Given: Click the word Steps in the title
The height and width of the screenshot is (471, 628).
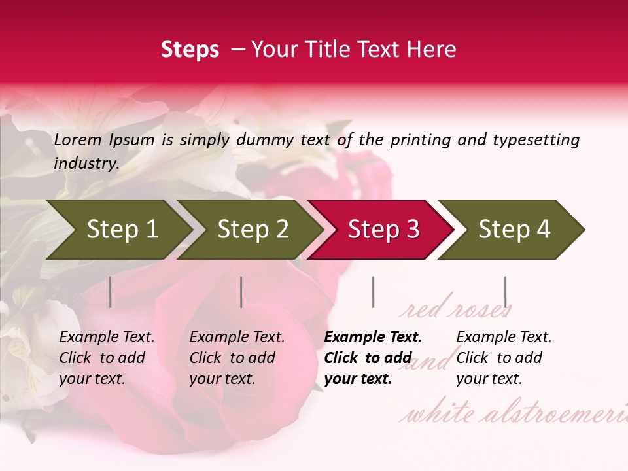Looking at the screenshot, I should [x=190, y=50].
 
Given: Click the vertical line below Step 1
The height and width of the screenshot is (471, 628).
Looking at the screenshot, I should [x=111, y=292].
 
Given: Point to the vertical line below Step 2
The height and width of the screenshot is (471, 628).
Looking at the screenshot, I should [x=241, y=292].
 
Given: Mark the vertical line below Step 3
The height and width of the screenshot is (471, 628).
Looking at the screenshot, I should [x=373, y=292].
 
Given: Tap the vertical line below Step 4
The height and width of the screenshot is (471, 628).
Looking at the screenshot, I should [x=505, y=292].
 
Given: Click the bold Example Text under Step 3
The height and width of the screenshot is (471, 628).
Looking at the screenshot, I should [x=373, y=338].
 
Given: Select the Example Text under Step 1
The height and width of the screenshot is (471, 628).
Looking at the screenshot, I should [x=107, y=338].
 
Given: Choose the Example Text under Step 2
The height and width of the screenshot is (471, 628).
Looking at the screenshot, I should [x=237, y=338].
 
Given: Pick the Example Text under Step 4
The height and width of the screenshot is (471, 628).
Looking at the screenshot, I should [x=504, y=338].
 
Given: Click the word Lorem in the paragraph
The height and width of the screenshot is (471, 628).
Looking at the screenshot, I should [x=78, y=140].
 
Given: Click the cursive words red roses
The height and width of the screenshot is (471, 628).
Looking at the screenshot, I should [x=455, y=309].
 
